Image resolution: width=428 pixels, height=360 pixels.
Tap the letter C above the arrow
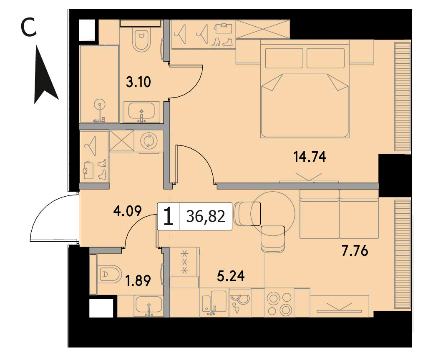[x=29, y=27]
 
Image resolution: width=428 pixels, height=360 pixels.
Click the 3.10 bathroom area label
[x=138, y=82]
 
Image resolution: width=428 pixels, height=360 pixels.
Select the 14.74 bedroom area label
[x=310, y=157]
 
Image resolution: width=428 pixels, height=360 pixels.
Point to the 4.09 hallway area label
[x=128, y=211]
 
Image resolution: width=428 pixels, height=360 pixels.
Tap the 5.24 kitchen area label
[x=231, y=276]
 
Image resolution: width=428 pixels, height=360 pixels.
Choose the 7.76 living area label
[x=355, y=251]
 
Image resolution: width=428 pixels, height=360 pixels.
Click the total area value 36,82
[x=206, y=217]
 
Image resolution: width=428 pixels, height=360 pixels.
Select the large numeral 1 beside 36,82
[x=169, y=216]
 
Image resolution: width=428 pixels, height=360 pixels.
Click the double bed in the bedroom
[x=305, y=89]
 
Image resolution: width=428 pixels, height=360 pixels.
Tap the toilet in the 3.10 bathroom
[x=141, y=40]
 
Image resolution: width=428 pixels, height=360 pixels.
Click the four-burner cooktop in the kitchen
[x=279, y=303]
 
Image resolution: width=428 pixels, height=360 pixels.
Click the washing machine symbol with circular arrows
[x=149, y=141]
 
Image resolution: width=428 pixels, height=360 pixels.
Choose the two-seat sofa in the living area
[x=339, y=214]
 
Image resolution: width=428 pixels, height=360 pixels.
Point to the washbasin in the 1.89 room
[x=149, y=306]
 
